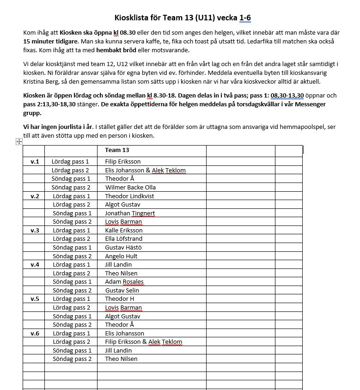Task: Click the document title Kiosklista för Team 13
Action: point(183,18)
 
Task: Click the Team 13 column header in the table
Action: point(116,150)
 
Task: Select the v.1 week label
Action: point(35,162)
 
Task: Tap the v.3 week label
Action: point(35,230)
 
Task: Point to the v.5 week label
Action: point(35,299)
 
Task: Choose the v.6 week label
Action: point(35,333)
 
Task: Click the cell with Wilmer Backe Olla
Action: point(130,187)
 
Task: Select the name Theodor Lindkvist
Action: point(129,196)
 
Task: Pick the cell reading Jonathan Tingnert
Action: point(130,213)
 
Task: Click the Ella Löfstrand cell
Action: point(124,239)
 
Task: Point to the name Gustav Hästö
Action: point(123,247)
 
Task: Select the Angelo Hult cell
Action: point(121,256)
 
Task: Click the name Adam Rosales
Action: point(124,281)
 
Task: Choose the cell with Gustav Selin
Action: point(122,290)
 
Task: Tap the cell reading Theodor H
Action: point(119,299)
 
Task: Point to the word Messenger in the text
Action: point(303,104)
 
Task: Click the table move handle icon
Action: point(19,141)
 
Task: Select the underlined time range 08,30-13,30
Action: point(287,95)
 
